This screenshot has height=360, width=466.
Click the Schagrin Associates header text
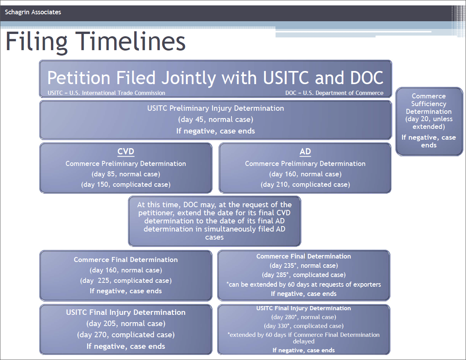[33, 12]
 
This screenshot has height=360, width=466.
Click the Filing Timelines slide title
[95, 42]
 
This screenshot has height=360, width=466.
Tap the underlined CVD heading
[126, 152]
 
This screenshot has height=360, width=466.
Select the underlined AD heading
[305, 152]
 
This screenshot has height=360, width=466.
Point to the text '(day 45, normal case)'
[216, 120]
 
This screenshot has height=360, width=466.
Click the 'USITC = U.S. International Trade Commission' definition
[106, 93]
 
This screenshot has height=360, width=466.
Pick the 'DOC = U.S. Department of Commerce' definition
[334, 93]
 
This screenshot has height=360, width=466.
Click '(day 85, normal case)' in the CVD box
[126, 174]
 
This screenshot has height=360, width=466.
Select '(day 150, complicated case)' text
[126, 184]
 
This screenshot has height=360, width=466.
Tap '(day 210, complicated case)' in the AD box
[306, 184]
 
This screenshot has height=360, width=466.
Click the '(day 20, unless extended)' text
[429, 123]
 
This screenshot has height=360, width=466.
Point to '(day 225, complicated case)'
[126, 281]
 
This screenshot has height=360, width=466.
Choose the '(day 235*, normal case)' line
[304, 265]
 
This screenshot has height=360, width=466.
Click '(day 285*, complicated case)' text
[304, 275]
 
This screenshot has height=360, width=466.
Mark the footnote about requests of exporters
[304, 284]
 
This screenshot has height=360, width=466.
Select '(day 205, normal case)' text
[126, 323]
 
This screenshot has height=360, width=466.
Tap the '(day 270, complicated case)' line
[126, 335]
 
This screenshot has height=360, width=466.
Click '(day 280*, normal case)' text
[304, 317]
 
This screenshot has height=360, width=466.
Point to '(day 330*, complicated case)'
[304, 326]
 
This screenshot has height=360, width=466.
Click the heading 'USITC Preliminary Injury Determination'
[216, 108]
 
